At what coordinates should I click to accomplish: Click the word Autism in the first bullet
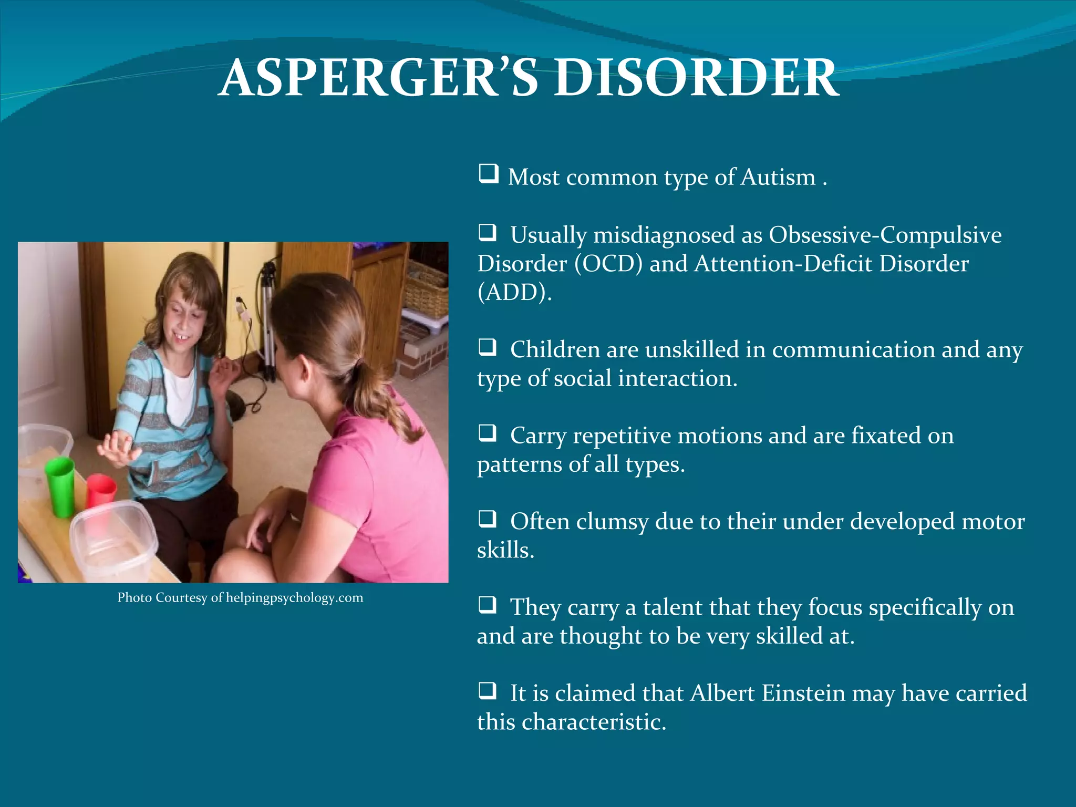[778, 177]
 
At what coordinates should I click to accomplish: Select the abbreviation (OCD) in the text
[608, 263]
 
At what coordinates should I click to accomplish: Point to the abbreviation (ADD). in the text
[514, 292]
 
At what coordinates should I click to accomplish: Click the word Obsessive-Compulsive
[885, 235]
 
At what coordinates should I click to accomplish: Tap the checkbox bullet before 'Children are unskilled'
[488, 347]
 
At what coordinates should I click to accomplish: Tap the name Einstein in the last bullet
[803, 693]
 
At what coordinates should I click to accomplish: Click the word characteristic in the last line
[594, 722]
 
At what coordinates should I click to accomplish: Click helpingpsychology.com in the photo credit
[294, 598]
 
